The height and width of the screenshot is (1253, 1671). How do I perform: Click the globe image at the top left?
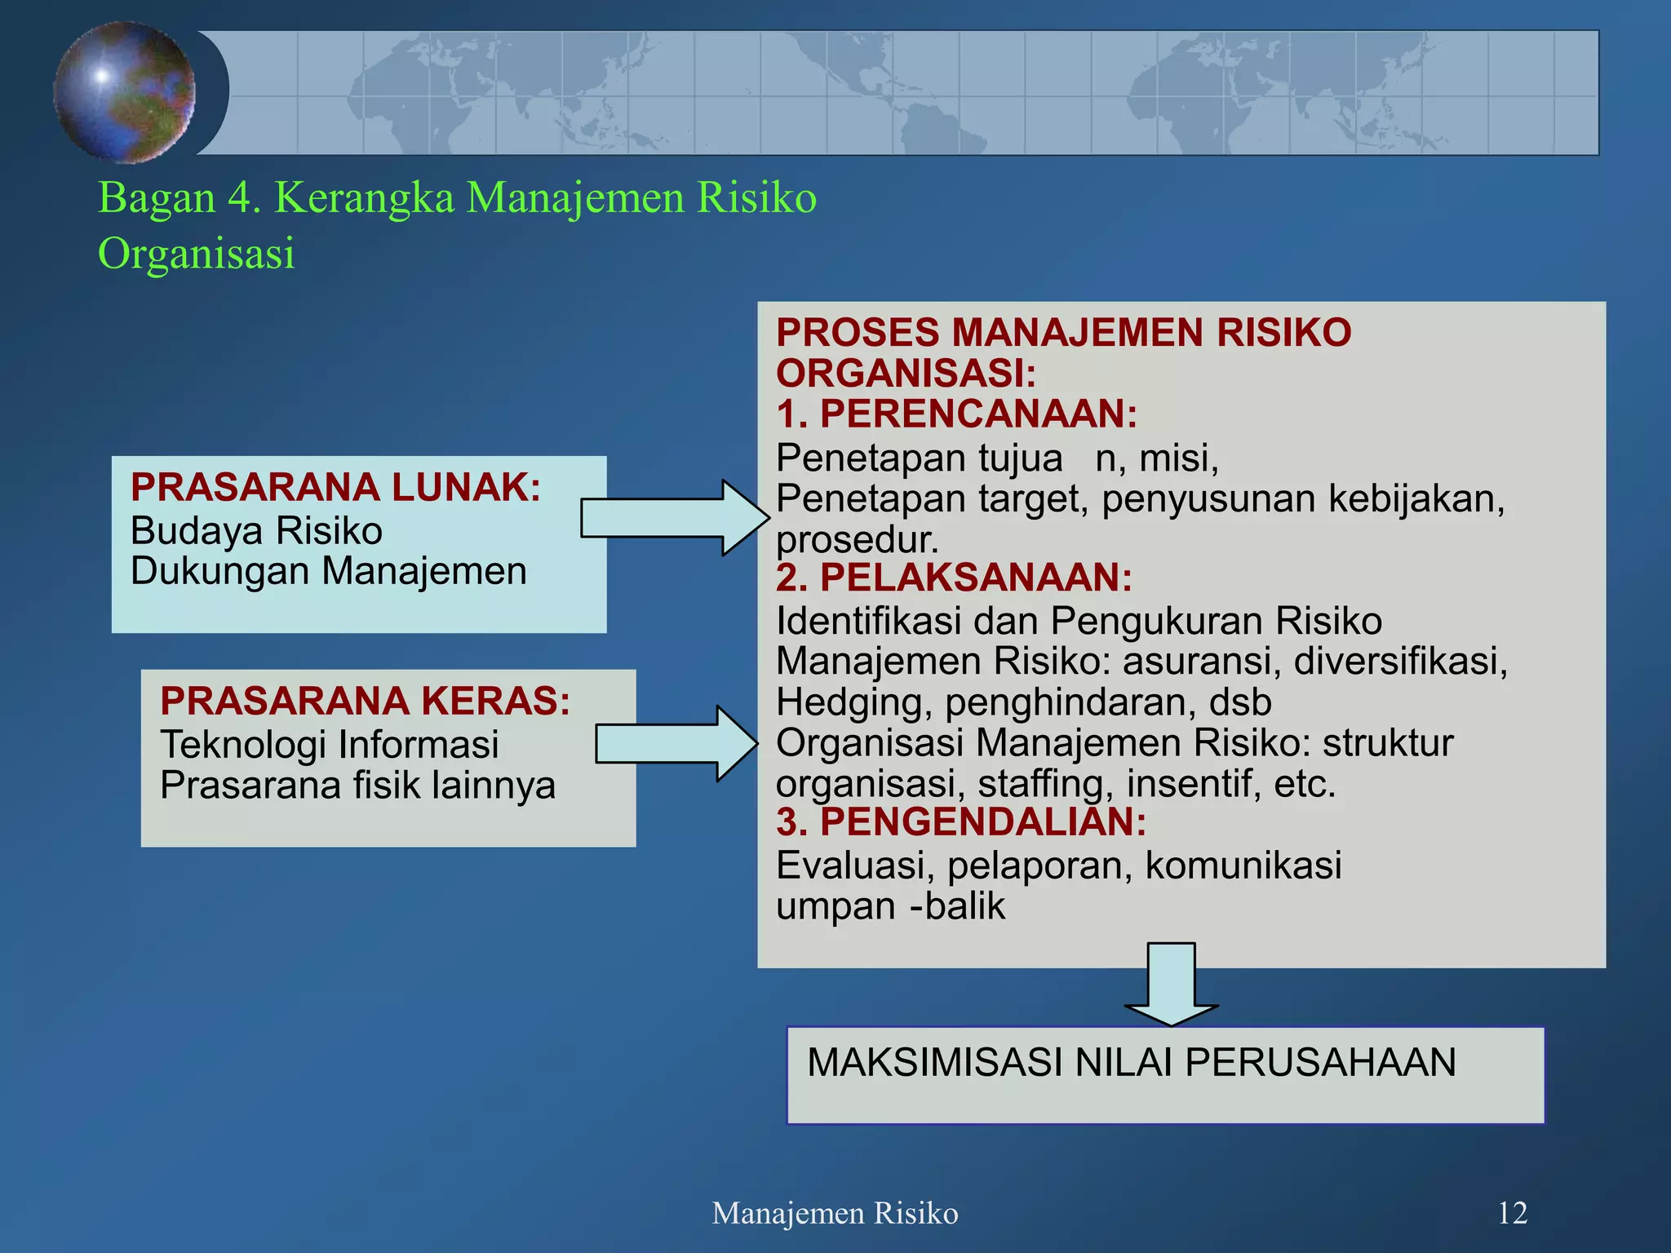(x=124, y=91)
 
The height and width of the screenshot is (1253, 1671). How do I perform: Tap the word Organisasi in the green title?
(x=196, y=254)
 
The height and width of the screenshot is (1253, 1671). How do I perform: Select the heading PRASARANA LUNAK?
(x=335, y=488)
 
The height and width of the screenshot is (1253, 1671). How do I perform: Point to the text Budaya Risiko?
(x=256, y=531)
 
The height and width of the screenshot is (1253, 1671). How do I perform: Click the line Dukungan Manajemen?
(x=328, y=571)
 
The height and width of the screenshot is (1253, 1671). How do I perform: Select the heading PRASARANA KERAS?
(x=365, y=702)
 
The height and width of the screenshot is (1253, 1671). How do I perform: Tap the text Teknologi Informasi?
(x=329, y=745)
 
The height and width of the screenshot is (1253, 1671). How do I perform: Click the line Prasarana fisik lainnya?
(x=357, y=786)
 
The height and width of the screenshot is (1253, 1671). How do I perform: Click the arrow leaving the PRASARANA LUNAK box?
(x=675, y=518)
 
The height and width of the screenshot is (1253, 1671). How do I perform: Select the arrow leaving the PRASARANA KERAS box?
(x=676, y=743)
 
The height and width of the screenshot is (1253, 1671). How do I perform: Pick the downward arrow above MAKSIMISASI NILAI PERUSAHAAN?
(x=1171, y=984)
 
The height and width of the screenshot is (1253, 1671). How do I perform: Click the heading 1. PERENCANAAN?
(x=956, y=414)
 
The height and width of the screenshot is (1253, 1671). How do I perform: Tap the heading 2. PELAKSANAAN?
(x=954, y=578)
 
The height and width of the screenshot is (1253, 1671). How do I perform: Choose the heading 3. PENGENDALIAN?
(x=961, y=822)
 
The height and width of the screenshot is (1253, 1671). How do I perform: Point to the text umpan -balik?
(x=890, y=906)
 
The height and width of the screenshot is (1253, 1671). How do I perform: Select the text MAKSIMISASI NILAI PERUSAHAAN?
(x=1132, y=1063)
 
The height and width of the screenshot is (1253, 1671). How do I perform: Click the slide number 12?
(x=1512, y=1214)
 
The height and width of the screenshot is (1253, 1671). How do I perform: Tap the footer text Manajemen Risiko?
(x=835, y=1214)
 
